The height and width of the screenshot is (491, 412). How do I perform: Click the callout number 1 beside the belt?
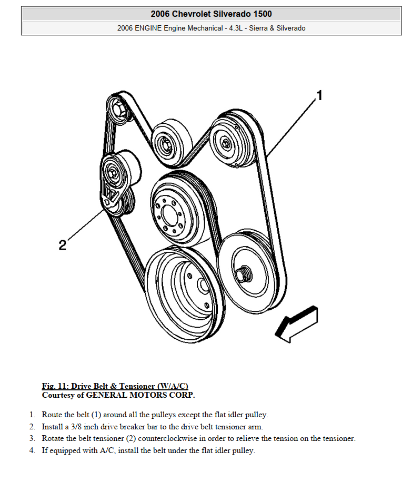coord(319,95)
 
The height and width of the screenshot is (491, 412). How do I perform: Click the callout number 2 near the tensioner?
coord(63,245)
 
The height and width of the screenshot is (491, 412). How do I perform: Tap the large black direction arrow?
coord(296,324)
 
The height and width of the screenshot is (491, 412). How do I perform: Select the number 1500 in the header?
coord(263,14)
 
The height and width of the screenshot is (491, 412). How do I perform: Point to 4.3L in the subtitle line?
coord(236,28)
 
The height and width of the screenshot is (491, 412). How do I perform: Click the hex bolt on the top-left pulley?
coord(118,110)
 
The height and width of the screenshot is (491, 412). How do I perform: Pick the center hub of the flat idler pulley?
coord(165,144)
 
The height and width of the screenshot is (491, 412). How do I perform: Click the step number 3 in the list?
coord(32,438)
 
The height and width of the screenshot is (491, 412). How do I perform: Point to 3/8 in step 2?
coord(76,427)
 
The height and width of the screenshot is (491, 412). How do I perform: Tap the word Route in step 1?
coord(52,415)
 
